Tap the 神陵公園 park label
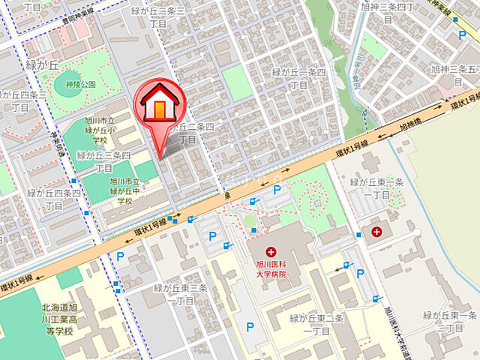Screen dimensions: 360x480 click(80, 84)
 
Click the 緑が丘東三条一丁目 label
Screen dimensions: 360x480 click(180, 294)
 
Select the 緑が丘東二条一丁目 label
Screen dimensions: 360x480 click(316, 324)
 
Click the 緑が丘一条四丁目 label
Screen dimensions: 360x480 click(298, 78)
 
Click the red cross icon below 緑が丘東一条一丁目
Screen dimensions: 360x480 click(376, 232)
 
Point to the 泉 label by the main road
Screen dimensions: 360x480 click(226, 195)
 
